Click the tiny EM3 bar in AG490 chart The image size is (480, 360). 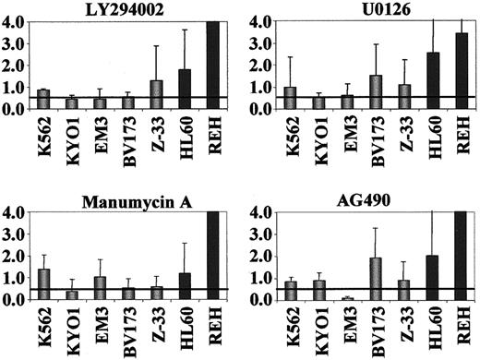point(320,298)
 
